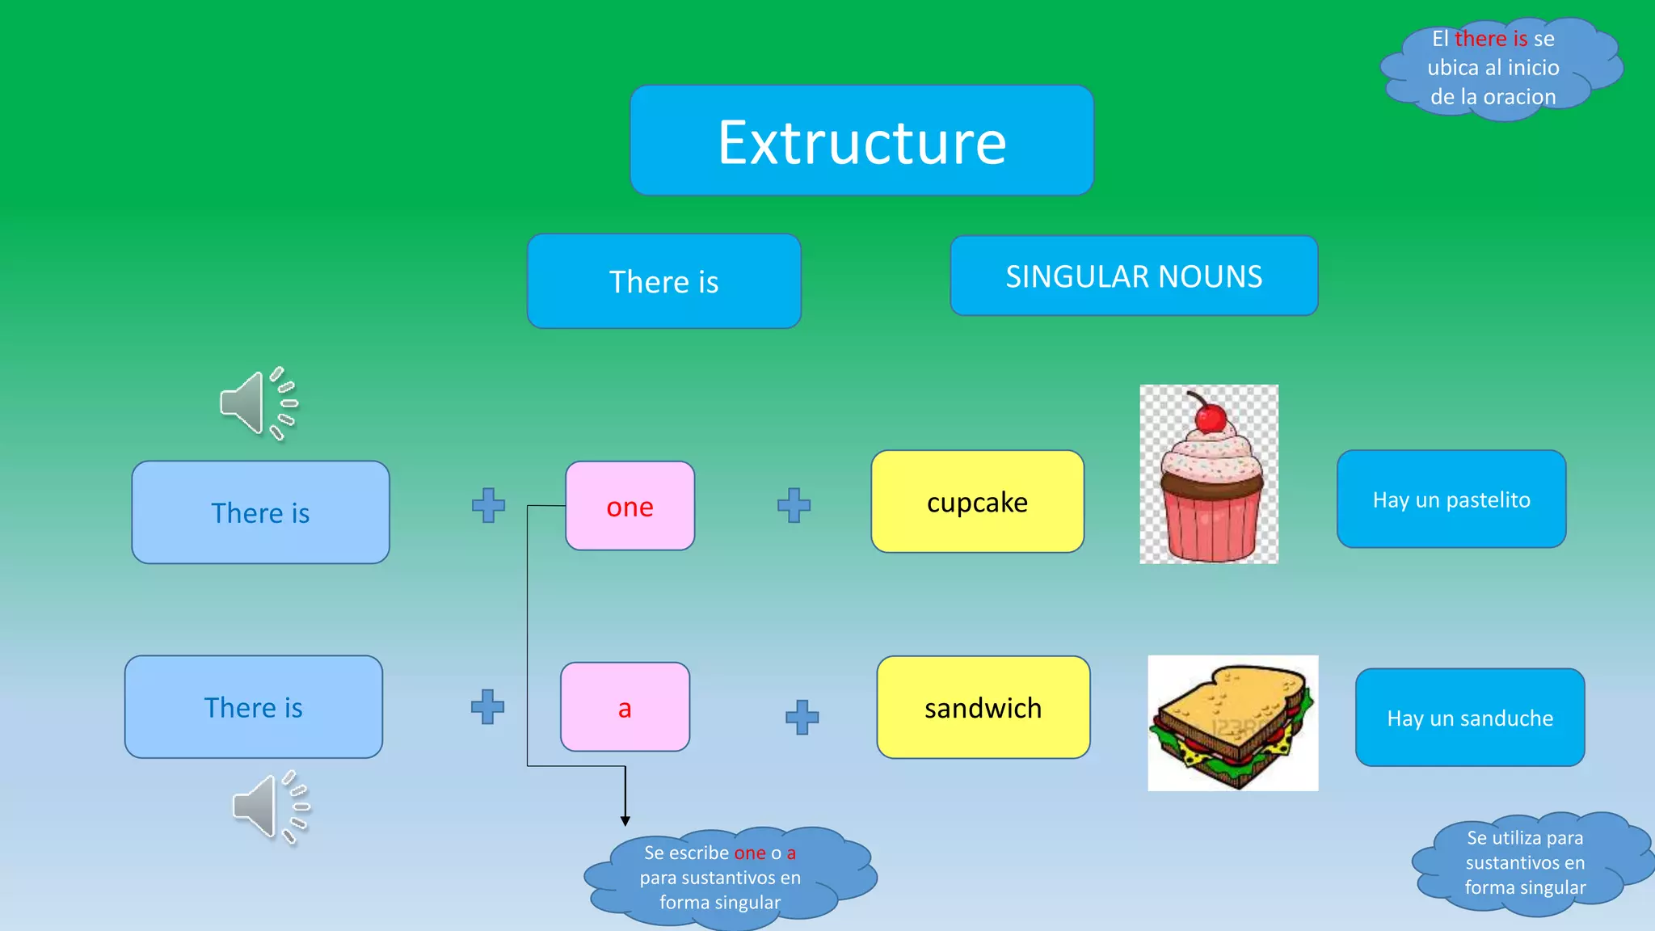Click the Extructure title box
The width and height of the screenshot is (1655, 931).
[861, 141]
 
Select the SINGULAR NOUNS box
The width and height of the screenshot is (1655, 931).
[1134, 276]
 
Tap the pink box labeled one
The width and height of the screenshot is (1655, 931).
[630, 507]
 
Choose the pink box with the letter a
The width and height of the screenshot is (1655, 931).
[625, 708]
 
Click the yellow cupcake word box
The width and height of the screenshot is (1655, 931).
[977, 502]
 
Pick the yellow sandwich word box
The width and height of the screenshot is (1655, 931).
[983, 708]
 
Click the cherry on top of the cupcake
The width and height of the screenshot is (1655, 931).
[1210, 418]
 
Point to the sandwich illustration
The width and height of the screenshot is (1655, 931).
[1232, 723]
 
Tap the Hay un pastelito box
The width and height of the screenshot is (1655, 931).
[1451, 499]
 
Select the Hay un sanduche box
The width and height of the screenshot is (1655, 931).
[1470, 718]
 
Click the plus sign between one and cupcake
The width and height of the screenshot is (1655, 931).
[794, 505]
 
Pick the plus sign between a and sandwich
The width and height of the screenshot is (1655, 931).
[802, 717]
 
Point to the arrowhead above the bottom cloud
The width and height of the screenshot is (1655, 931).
[625, 820]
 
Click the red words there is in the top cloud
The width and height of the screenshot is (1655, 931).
[1490, 39]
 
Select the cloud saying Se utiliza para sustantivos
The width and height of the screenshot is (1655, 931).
[1525, 863]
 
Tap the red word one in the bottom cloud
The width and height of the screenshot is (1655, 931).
[749, 853]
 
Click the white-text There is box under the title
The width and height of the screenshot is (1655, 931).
[663, 281]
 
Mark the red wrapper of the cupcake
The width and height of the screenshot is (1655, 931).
[1211, 525]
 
